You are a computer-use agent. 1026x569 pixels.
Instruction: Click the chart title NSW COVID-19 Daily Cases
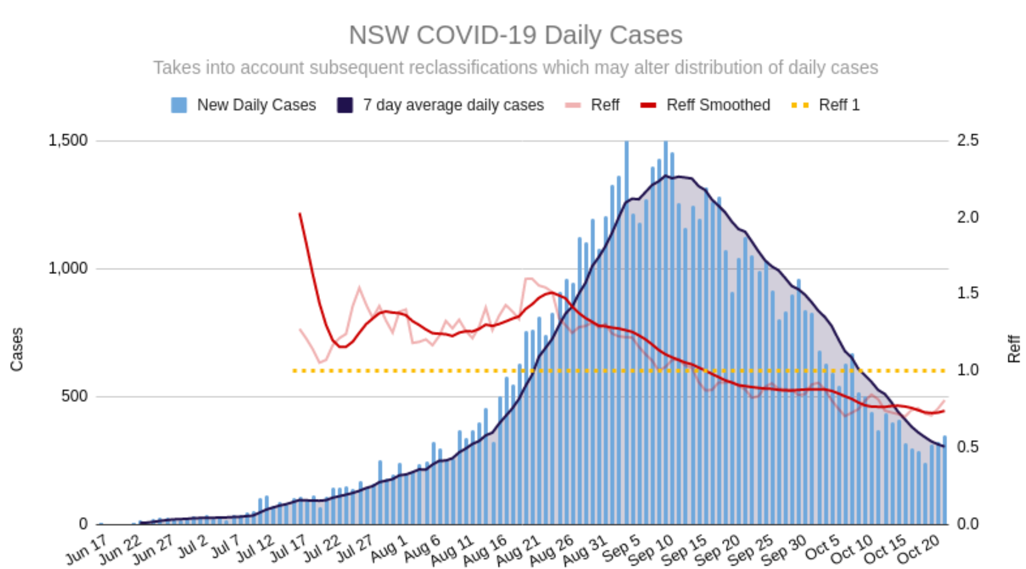point(515,35)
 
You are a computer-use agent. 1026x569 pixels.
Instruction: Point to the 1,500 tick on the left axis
point(68,140)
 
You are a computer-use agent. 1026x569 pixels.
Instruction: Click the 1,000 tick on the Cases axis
point(68,268)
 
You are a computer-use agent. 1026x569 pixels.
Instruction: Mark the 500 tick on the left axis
point(74,396)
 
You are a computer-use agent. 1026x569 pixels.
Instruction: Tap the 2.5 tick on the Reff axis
point(968,140)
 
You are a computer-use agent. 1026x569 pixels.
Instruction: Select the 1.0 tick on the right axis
point(968,370)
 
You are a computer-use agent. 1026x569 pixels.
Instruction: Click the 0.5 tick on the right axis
point(968,447)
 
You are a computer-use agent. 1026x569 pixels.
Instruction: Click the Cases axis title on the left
point(16,349)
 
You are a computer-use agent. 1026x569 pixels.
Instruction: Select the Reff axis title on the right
point(1013,349)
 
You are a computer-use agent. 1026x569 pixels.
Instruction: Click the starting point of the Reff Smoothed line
point(300,214)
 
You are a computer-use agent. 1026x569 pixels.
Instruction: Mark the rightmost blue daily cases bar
point(944,481)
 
